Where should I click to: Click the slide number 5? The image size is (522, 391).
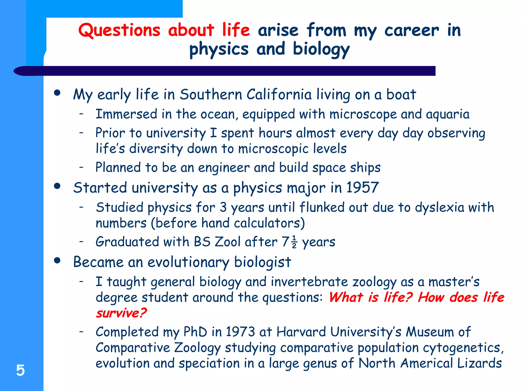click(x=20, y=370)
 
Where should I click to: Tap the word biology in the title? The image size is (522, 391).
click(x=321, y=49)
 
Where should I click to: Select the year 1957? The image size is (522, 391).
click(x=362, y=188)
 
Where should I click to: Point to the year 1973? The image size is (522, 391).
click(x=240, y=332)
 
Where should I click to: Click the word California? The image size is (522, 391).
click(x=279, y=94)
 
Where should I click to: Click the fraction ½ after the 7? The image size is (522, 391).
click(x=294, y=242)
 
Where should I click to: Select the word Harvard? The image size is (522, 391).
click(x=301, y=332)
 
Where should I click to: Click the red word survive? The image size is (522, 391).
click(x=121, y=313)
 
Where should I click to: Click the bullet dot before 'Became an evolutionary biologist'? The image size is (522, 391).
click(x=57, y=260)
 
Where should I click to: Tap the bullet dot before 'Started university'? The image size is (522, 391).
click(x=57, y=186)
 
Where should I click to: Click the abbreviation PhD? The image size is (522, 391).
click(x=195, y=332)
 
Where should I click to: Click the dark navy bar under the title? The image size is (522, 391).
click(x=229, y=71)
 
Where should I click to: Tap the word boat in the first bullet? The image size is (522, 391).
click(x=401, y=94)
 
